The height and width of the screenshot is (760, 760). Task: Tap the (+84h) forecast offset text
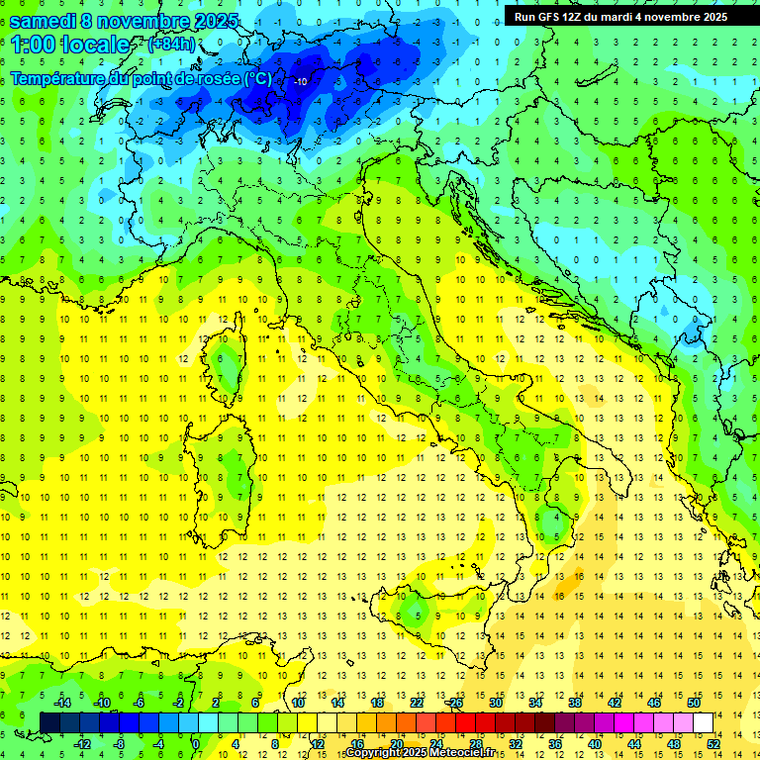pyautogui.click(x=171, y=44)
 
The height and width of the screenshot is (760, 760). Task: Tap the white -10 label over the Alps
pyautogui.click(x=301, y=82)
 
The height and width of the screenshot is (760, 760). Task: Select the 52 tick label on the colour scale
pyautogui.click(x=713, y=744)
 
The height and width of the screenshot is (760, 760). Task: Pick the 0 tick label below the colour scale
pyautogui.click(x=197, y=744)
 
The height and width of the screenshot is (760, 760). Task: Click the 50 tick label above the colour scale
pyautogui.click(x=694, y=702)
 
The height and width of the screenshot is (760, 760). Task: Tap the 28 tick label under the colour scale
pyautogui.click(x=475, y=744)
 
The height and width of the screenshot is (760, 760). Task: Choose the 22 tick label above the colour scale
pyautogui.click(x=417, y=702)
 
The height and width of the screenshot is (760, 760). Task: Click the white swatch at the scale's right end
pyautogui.click(x=703, y=722)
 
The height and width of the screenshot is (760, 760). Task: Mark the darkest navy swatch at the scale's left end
pyautogui.click(x=49, y=722)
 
